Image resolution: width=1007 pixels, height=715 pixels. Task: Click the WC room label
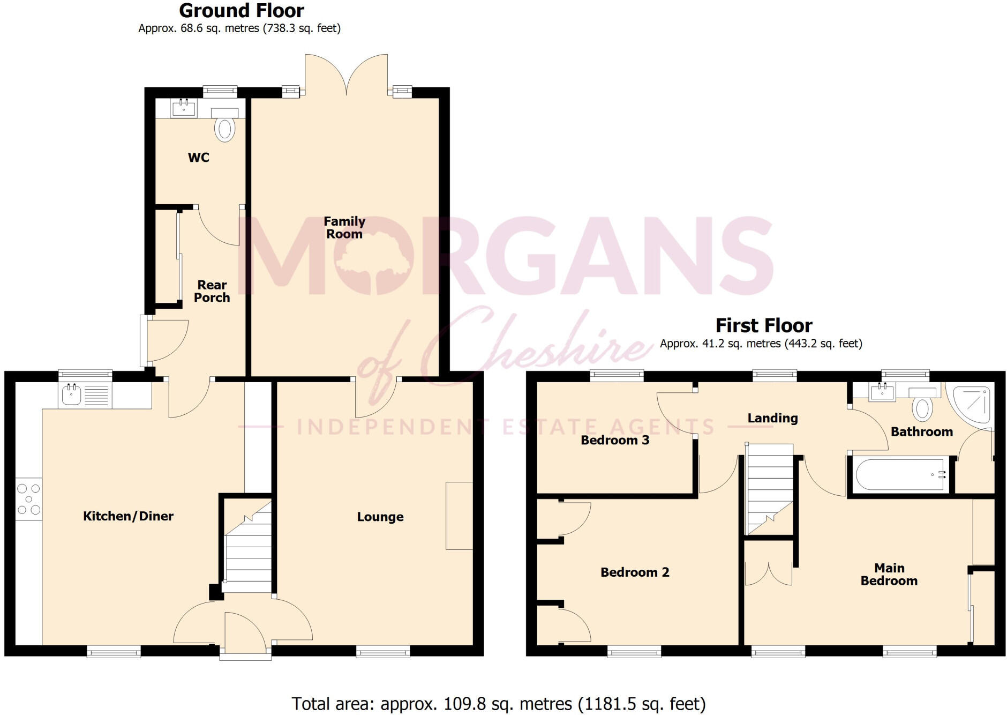(x=198, y=158)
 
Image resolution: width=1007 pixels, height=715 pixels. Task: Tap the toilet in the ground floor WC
(x=225, y=125)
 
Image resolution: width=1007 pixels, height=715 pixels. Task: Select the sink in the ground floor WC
(x=184, y=108)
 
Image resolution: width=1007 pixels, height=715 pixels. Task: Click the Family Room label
(x=344, y=228)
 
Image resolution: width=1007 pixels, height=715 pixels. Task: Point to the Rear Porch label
(x=212, y=292)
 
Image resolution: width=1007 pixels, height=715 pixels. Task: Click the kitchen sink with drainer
(x=85, y=396)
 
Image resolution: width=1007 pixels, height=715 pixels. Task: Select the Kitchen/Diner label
(x=128, y=516)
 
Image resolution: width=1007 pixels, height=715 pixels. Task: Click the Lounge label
(x=380, y=517)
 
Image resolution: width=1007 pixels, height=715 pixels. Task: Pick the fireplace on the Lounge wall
(x=459, y=516)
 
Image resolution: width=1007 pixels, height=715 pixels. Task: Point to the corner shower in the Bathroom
(x=970, y=405)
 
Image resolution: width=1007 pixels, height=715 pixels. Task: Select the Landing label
(x=772, y=419)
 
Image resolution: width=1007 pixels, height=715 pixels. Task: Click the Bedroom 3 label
(x=615, y=441)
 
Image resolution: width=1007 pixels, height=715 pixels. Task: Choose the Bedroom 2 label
(x=635, y=572)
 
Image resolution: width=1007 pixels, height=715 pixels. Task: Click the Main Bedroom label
(x=889, y=575)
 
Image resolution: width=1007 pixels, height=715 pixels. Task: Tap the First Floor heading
(x=764, y=326)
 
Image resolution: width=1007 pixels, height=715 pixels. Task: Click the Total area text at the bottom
(x=499, y=704)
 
